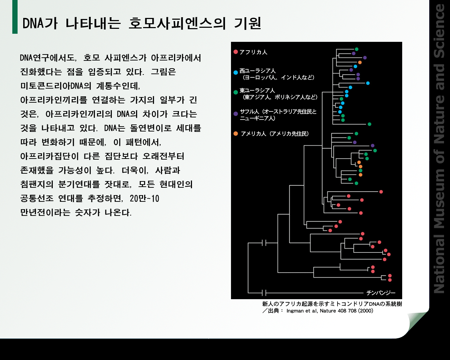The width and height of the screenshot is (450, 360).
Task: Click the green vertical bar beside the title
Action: [x=15, y=17]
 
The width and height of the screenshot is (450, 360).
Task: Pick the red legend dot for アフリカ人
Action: [x=236, y=52]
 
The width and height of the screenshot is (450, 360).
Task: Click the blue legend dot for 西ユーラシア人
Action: [x=236, y=72]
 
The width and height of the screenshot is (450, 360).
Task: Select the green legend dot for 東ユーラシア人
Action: [x=236, y=92]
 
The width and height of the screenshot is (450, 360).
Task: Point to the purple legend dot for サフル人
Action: [x=236, y=114]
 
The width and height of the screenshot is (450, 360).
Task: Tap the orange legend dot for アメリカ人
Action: [x=236, y=134]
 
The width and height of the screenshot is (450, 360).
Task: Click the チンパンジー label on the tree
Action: [x=381, y=293]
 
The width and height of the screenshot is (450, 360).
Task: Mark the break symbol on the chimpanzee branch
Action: [x=264, y=293]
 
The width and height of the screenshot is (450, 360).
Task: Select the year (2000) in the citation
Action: [x=366, y=311]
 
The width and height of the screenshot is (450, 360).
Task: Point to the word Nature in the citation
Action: [x=328, y=311]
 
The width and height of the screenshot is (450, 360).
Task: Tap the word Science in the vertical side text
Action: [x=439, y=31]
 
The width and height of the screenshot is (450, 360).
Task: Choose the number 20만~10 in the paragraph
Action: [x=144, y=199]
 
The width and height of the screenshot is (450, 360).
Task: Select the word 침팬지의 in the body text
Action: [x=37, y=184]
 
